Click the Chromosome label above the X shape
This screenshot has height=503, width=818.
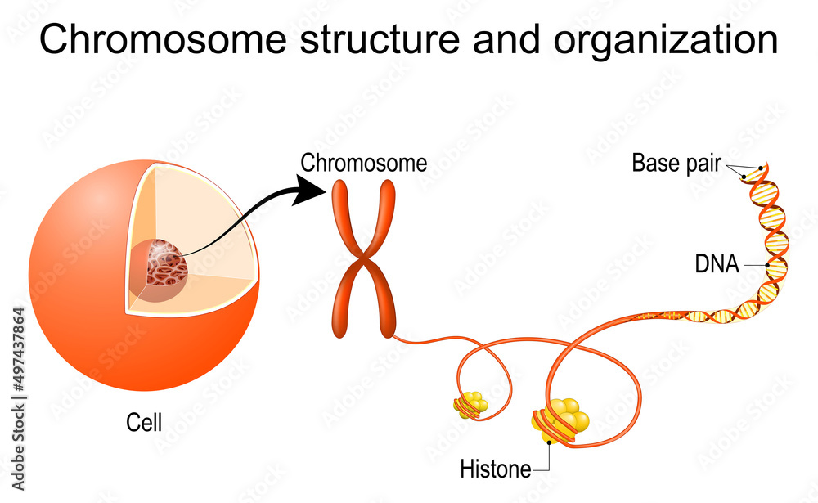(x=363, y=164)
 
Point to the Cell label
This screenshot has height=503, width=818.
(x=144, y=423)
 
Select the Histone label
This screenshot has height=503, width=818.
(x=495, y=469)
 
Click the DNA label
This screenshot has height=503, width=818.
(x=717, y=264)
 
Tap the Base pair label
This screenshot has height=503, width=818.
(x=676, y=164)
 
